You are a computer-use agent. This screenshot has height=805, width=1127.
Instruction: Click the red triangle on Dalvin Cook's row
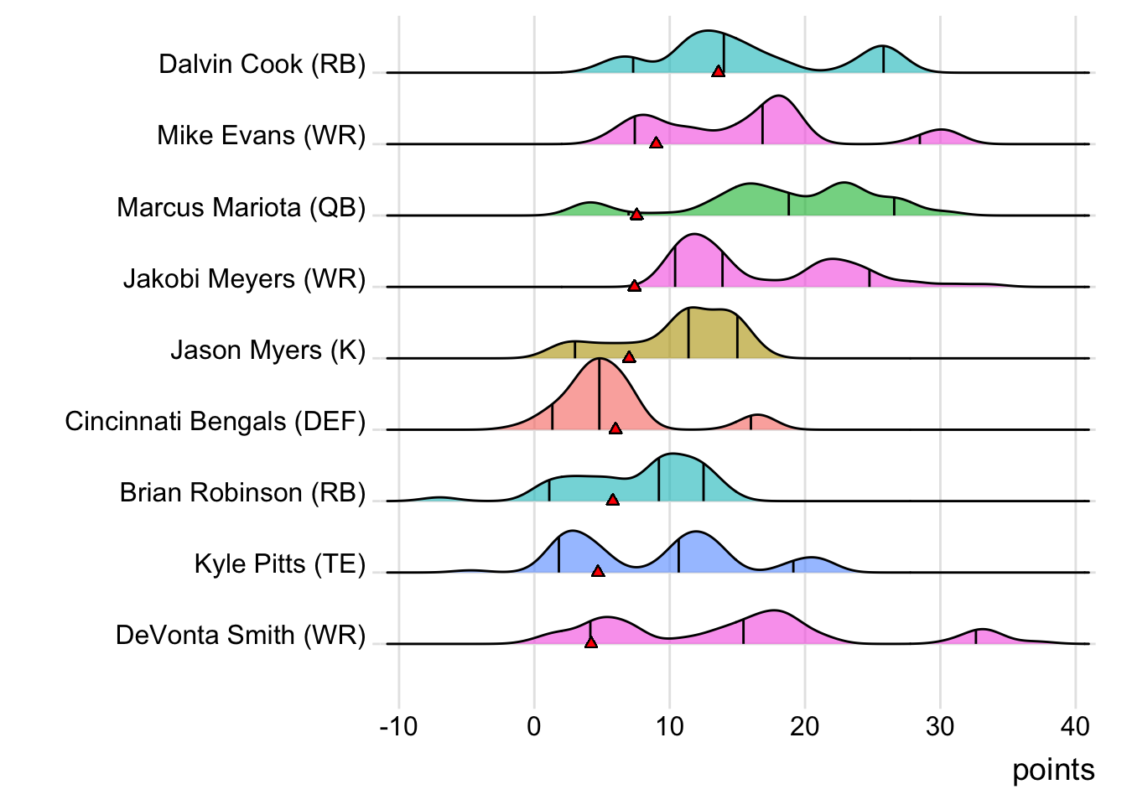[x=718, y=72]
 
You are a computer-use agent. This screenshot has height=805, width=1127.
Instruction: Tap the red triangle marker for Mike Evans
[x=656, y=143]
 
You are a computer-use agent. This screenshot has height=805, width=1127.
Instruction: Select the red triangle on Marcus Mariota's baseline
[x=636, y=215]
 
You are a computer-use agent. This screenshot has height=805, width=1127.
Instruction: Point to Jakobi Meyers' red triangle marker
[x=634, y=286]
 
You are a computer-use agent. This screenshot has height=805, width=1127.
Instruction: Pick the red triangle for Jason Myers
[x=629, y=357]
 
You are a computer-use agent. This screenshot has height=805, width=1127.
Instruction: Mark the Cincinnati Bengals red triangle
[x=615, y=428]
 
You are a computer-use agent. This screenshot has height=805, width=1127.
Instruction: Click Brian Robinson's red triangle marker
[x=613, y=500]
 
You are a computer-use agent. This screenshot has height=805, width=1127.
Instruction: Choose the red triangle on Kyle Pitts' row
[x=598, y=571]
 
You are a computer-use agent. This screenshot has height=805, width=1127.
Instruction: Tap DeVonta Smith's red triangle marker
[x=591, y=642]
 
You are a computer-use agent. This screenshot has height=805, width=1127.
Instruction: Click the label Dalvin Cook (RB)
[x=262, y=65]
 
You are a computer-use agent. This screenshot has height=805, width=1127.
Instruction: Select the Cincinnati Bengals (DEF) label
[x=216, y=421]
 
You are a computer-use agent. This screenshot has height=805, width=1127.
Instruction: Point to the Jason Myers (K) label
[x=268, y=350]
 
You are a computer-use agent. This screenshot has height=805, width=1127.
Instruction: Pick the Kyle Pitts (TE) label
[x=280, y=563]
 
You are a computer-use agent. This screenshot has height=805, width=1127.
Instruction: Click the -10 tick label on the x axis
[x=398, y=726]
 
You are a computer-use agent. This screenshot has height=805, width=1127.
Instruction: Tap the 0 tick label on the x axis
[x=534, y=726]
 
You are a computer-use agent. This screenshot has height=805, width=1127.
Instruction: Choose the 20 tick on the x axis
[x=805, y=726]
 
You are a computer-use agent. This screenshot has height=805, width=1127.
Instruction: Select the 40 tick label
[x=1076, y=726]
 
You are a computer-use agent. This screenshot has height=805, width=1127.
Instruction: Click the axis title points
[x=1053, y=770]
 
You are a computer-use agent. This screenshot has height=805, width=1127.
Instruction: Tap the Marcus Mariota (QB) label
[x=241, y=207]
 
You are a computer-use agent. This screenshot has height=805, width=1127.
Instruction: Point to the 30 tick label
[x=940, y=726]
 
